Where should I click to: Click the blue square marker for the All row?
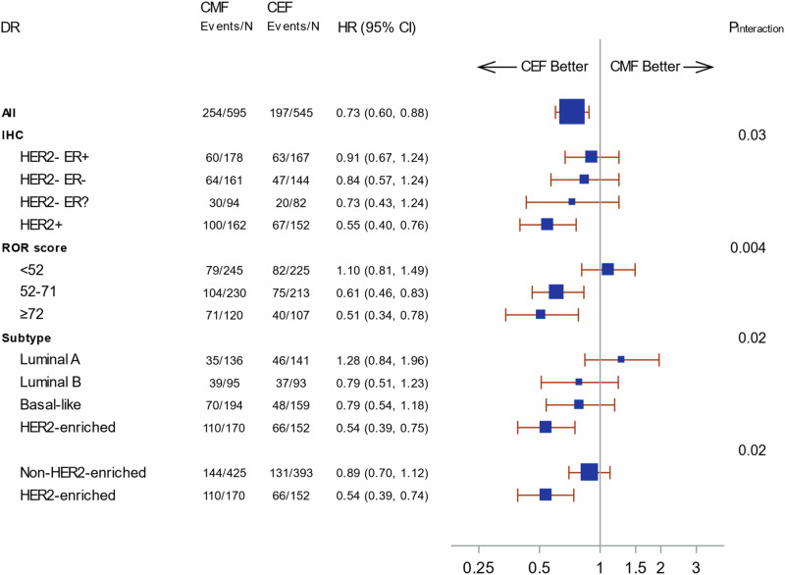[x=571, y=112]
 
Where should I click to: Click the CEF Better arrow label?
[x=533, y=67]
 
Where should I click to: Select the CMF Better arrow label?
[x=658, y=67]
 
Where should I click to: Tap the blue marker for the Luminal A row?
[x=621, y=359]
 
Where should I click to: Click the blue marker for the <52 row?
[x=607, y=269]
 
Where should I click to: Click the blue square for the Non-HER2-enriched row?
[x=589, y=472]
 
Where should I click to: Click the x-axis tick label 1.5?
[x=635, y=566]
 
